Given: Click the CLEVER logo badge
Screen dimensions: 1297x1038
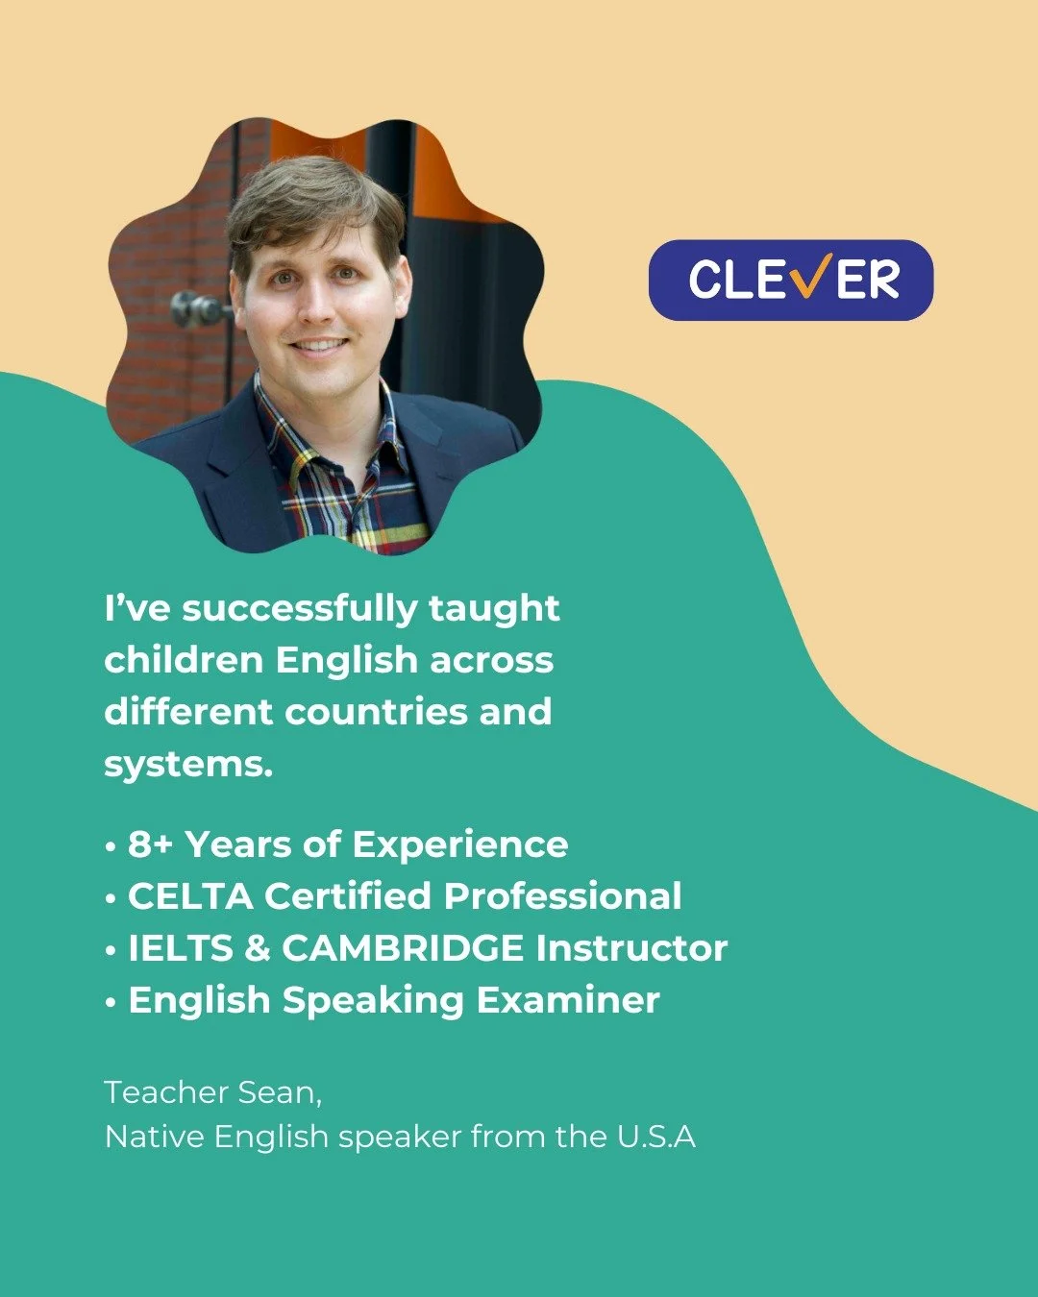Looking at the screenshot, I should pyautogui.click(x=790, y=280).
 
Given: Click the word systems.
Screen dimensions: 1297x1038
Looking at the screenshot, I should pyautogui.click(x=187, y=766).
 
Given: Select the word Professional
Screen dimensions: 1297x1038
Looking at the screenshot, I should pyautogui.click(x=562, y=896).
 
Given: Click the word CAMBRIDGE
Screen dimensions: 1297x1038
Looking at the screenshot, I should pyautogui.click(x=403, y=948).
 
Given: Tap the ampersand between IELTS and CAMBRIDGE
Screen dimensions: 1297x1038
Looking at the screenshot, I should pyautogui.click(x=258, y=948).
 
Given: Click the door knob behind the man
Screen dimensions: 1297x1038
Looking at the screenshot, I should pyautogui.click(x=193, y=309).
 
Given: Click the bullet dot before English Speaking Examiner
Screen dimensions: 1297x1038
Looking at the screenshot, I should pyautogui.click(x=111, y=1002).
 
